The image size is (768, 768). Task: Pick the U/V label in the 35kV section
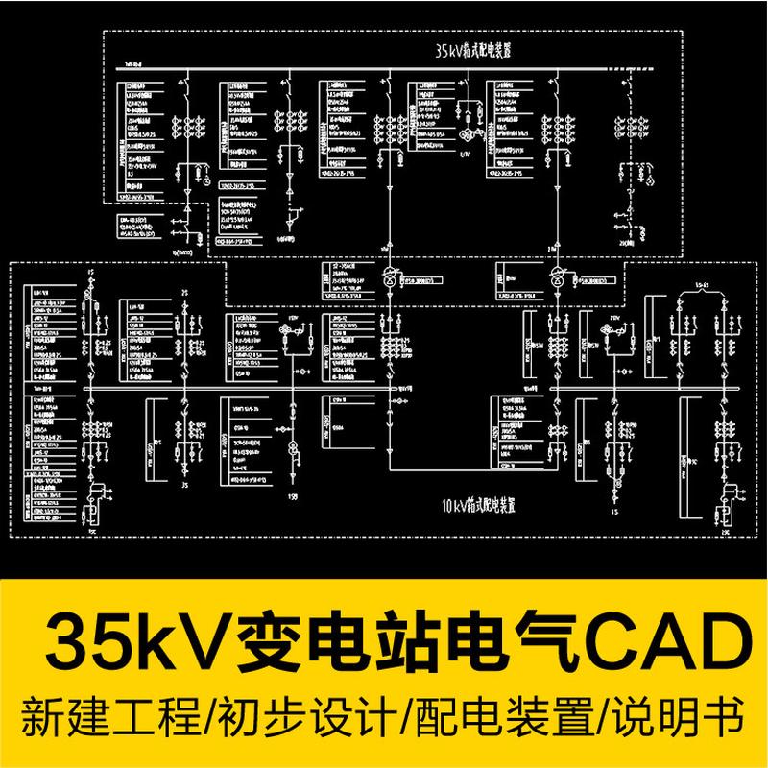(x=465, y=152)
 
